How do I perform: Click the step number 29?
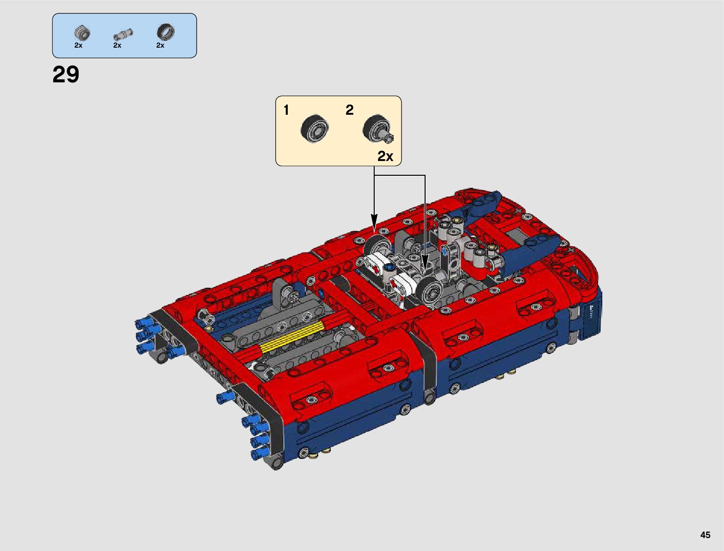[66, 74]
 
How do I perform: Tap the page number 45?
[705, 535]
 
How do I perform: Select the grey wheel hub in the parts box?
[82, 32]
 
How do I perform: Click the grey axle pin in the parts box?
[123, 35]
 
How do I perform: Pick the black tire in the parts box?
[166, 32]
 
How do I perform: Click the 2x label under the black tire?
[161, 45]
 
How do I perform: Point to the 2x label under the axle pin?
[117, 45]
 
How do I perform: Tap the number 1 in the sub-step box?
[286, 110]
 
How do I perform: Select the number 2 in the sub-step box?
[350, 110]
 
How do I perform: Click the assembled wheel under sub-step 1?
[315, 129]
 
